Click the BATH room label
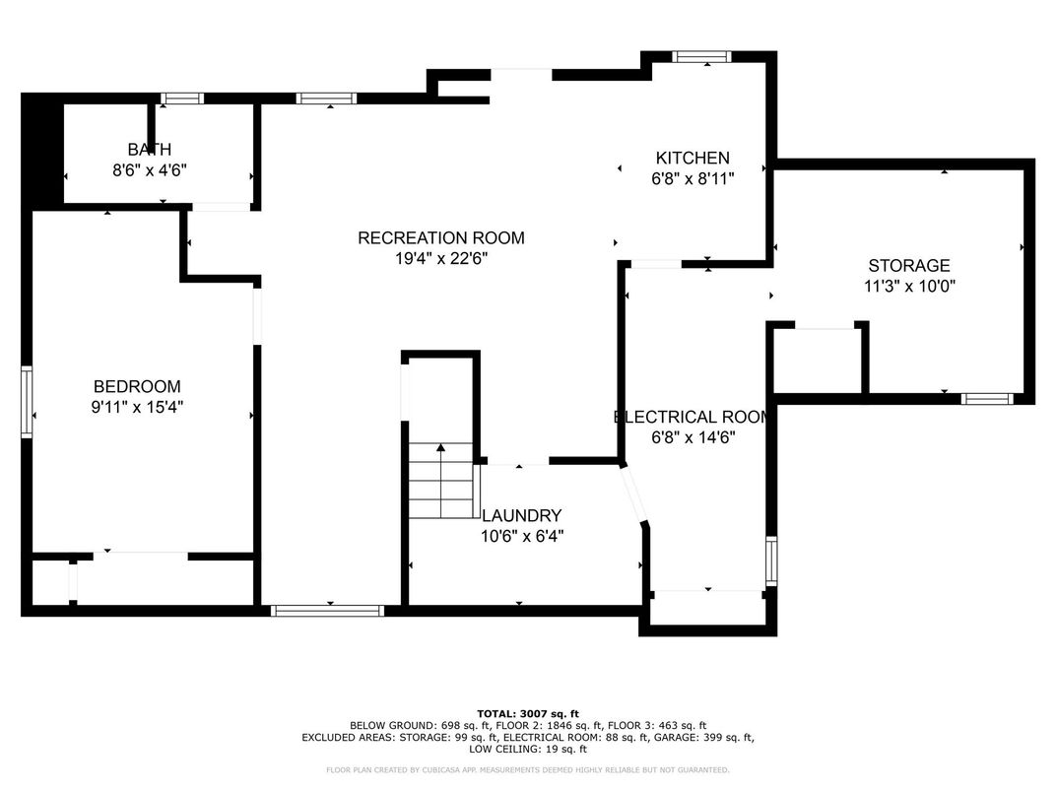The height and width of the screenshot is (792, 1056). click(x=149, y=150)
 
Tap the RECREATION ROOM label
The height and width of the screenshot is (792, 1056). click(x=440, y=237)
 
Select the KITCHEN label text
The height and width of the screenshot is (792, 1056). click(x=693, y=158)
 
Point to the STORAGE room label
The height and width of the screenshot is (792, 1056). click(x=908, y=265)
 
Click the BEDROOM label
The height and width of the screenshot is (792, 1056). click(x=137, y=386)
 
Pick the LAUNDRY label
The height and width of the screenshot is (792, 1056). click(x=521, y=515)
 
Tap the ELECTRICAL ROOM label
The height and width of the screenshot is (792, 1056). click(x=693, y=417)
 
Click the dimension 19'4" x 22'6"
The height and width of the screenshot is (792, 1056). click(x=440, y=259)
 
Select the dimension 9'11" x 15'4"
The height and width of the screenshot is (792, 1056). click(x=137, y=407)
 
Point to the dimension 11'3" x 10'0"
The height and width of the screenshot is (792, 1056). click(x=908, y=287)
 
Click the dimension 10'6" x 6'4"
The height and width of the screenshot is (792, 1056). click(x=521, y=536)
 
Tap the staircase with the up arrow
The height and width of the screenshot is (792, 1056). click(x=440, y=482)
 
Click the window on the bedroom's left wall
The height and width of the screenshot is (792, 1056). click(x=27, y=401)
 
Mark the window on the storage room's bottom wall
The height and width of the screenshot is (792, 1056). click(x=986, y=399)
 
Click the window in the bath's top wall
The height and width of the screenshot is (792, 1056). click(x=182, y=99)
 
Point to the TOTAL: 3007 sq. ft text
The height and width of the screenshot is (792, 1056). click(x=528, y=713)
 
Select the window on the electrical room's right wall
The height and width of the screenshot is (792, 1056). click(x=771, y=561)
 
